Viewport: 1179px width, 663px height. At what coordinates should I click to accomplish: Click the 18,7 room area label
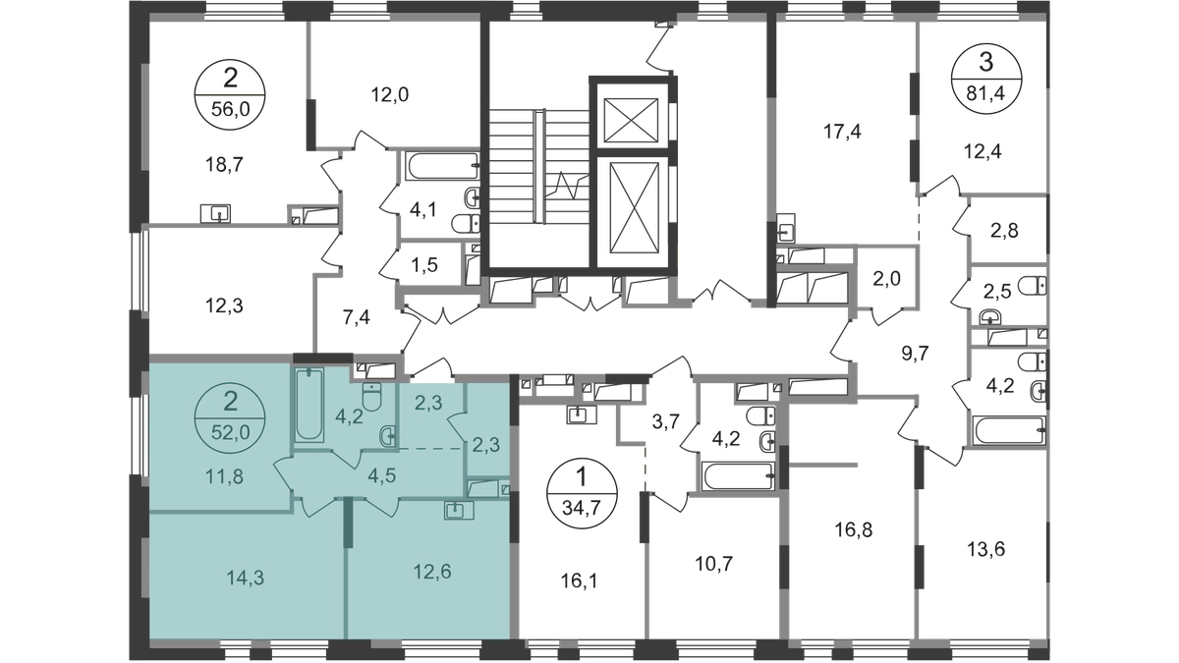click(x=223, y=166)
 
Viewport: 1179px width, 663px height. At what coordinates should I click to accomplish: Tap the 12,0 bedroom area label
click(x=390, y=94)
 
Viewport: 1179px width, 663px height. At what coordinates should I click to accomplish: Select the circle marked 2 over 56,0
click(x=230, y=94)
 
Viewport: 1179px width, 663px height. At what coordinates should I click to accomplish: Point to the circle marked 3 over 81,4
click(x=986, y=79)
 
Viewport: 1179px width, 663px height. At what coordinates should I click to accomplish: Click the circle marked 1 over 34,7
click(x=582, y=493)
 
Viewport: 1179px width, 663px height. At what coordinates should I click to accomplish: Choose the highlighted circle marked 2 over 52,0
click(x=230, y=417)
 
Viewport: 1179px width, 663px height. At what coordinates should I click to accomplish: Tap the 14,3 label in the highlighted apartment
click(x=246, y=579)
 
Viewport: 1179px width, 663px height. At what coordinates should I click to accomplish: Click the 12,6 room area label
click(x=432, y=571)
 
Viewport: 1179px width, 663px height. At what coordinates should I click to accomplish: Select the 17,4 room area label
click(x=842, y=132)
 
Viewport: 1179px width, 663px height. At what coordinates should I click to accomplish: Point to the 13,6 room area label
click(x=985, y=550)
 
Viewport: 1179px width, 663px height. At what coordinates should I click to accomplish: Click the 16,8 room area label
click(x=854, y=529)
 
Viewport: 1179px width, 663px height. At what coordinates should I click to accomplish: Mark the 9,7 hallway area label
click(x=916, y=354)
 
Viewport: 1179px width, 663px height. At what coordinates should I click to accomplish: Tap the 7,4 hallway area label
click(x=356, y=318)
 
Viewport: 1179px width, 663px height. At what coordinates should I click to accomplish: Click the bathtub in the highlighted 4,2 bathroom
click(x=309, y=404)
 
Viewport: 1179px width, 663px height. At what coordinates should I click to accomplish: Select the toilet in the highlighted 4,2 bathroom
click(x=372, y=396)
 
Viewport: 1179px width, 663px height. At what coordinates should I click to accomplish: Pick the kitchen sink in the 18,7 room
click(x=216, y=214)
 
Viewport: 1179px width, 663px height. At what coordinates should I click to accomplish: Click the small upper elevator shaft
click(x=631, y=120)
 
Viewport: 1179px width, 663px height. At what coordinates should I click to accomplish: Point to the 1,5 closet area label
click(x=424, y=265)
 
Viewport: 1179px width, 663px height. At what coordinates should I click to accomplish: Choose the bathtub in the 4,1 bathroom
click(x=443, y=166)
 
